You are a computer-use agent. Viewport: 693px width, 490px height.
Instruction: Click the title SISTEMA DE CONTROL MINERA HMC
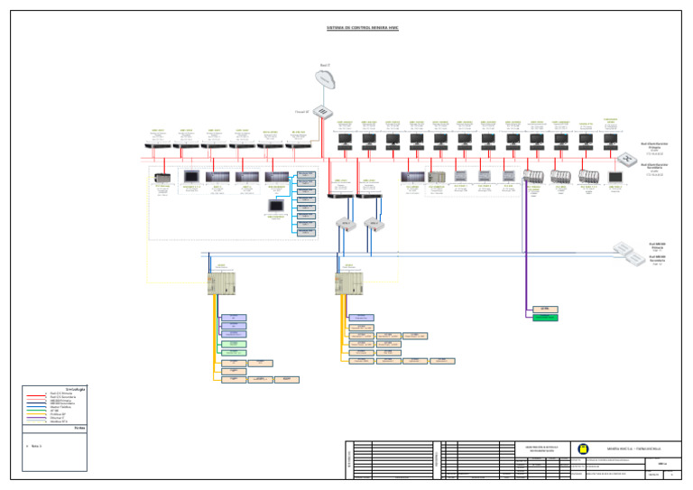coord(362,28)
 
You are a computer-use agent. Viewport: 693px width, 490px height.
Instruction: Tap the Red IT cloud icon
coord(326,79)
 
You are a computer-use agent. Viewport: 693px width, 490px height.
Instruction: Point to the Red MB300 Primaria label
coord(656,245)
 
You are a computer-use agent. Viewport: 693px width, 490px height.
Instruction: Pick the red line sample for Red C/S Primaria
coord(37,395)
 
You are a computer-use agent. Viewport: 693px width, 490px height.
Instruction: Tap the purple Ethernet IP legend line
coord(37,417)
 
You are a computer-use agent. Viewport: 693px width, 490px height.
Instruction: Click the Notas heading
coord(79,429)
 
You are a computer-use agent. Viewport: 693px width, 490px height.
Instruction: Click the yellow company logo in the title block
coord(582,448)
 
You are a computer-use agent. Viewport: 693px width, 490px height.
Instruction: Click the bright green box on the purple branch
coord(544,318)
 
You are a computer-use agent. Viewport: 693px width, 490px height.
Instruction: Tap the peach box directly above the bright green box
coord(544,309)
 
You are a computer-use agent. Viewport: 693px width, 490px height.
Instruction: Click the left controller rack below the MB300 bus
coord(221,283)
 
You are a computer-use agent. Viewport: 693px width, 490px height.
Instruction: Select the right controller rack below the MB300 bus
coord(348,283)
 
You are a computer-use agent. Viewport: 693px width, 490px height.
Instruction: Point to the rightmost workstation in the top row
coord(610,142)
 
